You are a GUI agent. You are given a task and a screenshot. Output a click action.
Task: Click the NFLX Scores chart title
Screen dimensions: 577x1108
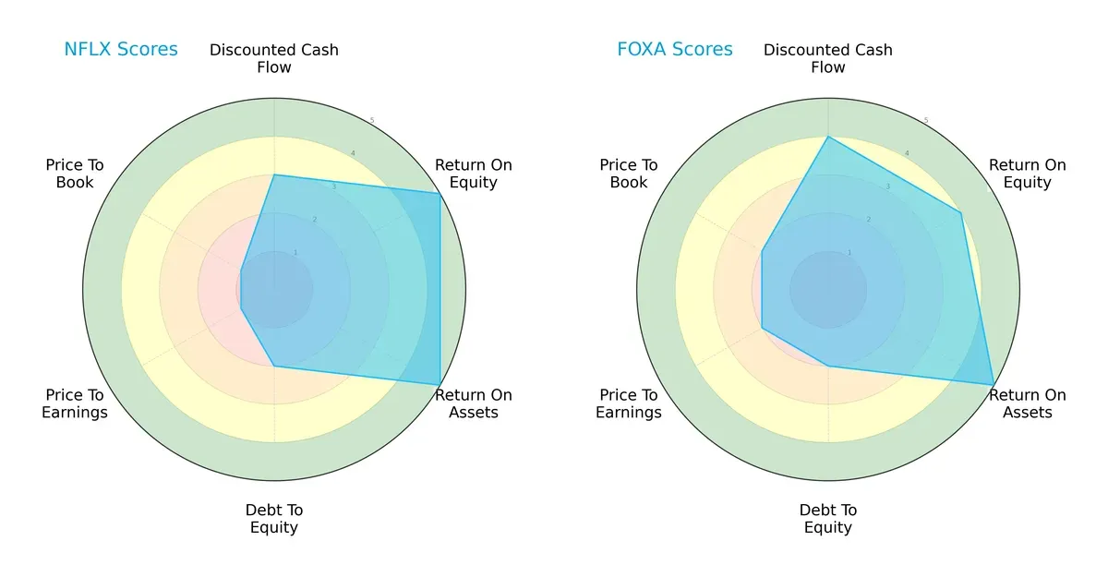point(120,50)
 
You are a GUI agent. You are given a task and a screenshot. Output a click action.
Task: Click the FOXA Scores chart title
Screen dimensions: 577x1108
point(674,50)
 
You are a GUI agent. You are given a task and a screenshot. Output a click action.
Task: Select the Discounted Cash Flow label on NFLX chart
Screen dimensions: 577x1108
point(274,58)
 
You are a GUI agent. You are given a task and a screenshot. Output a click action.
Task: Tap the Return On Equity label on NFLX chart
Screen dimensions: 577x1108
point(474,174)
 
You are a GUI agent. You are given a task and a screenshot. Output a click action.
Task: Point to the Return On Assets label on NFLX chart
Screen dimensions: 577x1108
point(474,403)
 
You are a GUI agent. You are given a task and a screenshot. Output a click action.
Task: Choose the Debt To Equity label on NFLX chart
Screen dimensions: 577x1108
point(274,519)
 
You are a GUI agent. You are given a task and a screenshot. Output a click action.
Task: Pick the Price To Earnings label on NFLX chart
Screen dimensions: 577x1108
point(75,403)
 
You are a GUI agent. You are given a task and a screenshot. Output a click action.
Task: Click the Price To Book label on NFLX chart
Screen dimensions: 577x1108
point(75,174)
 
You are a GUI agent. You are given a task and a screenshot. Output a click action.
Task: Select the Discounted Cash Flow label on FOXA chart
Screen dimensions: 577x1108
point(828,58)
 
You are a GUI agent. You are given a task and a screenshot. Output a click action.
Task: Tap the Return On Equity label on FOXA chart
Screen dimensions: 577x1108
point(1028,174)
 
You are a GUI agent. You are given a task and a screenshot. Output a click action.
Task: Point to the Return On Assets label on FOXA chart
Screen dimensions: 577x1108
point(1028,403)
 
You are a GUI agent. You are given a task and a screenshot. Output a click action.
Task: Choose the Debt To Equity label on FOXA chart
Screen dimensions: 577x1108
point(828,519)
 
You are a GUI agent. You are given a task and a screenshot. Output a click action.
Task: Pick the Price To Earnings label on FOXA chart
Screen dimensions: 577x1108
point(629,403)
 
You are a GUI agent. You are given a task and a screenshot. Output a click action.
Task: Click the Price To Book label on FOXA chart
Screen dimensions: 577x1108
point(629,174)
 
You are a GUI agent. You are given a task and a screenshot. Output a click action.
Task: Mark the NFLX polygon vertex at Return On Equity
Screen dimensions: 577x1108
point(440,193)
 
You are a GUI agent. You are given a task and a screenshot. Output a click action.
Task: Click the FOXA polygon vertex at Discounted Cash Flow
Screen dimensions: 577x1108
point(828,137)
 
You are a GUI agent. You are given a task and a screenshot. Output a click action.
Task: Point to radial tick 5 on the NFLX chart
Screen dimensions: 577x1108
point(372,120)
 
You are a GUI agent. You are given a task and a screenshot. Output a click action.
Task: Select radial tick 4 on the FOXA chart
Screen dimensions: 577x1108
point(907,153)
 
